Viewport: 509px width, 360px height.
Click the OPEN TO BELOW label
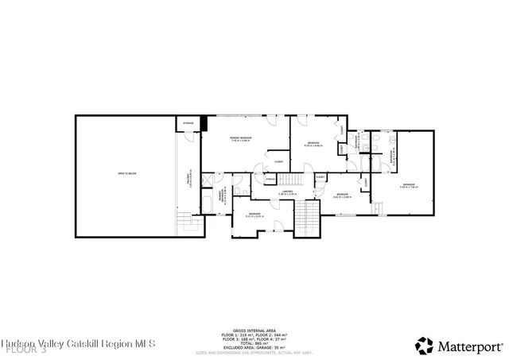click(126, 172)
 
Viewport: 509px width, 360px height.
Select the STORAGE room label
click(188, 123)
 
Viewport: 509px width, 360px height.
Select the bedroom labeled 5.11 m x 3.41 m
click(254, 215)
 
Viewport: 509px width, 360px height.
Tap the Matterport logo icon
click(425, 346)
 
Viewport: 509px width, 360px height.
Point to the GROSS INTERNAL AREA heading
click(254, 329)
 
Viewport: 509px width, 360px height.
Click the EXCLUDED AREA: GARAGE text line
click(254, 347)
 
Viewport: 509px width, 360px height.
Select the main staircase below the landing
click(306, 218)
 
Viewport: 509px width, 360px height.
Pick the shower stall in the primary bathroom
click(208, 180)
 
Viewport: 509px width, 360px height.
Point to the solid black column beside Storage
click(204, 124)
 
